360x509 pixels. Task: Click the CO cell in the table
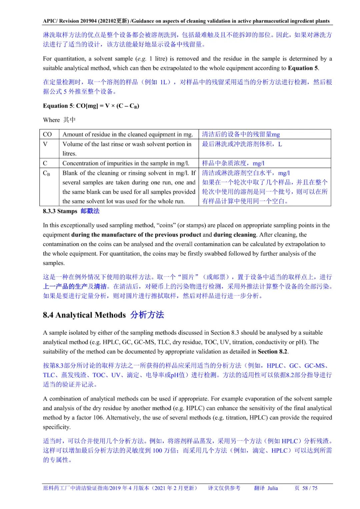click(x=47, y=134)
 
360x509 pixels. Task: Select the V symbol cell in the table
click(x=45, y=144)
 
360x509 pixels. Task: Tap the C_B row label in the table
click(x=46, y=173)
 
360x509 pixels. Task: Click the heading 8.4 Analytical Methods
click(x=84, y=315)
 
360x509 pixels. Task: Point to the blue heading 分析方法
click(x=147, y=315)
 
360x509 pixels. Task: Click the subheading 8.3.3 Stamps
click(x=60, y=211)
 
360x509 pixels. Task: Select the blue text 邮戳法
click(x=90, y=211)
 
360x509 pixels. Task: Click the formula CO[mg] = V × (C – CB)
click(x=108, y=106)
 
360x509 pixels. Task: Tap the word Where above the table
click(x=51, y=120)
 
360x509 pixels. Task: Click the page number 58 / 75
click(x=310, y=488)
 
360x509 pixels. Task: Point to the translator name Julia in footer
click(x=272, y=488)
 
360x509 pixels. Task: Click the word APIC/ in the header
click(x=50, y=21)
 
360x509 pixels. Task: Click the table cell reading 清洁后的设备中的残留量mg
click(x=241, y=134)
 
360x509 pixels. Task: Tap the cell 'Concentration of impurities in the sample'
click(x=126, y=163)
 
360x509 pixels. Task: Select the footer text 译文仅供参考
click(x=224, y=488)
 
